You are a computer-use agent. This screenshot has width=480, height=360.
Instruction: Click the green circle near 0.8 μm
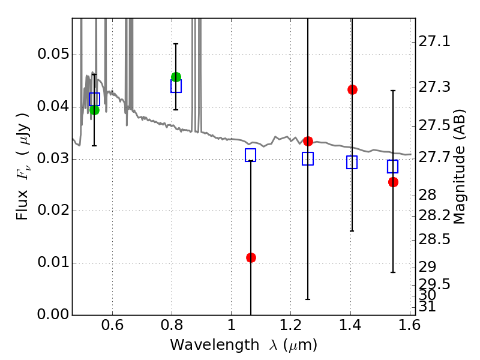pyautogui.click(x=176, y=77)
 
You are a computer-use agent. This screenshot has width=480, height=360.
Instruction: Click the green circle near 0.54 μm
pyautogui.click(x=94, y=109)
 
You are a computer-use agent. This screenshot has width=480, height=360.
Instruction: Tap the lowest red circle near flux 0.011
pyautogui.click(x=251, y=257)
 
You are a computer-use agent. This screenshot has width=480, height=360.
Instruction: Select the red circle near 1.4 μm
pyautogui.click(x=352, y=89)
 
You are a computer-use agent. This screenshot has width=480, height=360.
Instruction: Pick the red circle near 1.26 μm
pyautogui.click(x=308, y=141)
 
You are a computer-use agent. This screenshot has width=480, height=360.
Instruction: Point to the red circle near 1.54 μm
pyautogui.click(x=393, y=182)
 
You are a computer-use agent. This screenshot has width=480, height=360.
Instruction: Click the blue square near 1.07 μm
pyautogui.click(x=251, y=155)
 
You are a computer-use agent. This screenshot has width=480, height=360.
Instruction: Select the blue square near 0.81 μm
pyautogui.click(x=176, y=86)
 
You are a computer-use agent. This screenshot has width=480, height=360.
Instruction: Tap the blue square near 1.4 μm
pyautogui.click(x=352, y=162)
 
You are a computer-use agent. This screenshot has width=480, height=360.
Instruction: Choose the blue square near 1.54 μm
pyautogui.click(x=393, y=166)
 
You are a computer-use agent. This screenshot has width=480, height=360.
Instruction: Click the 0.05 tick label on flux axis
pyautogui.click(x=52, y=55)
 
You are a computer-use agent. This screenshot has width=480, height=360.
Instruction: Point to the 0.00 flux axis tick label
pyautogui.click(x=52, y=314)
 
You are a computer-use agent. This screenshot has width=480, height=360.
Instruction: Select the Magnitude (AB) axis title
pyautogui.click(x=460, y=167)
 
